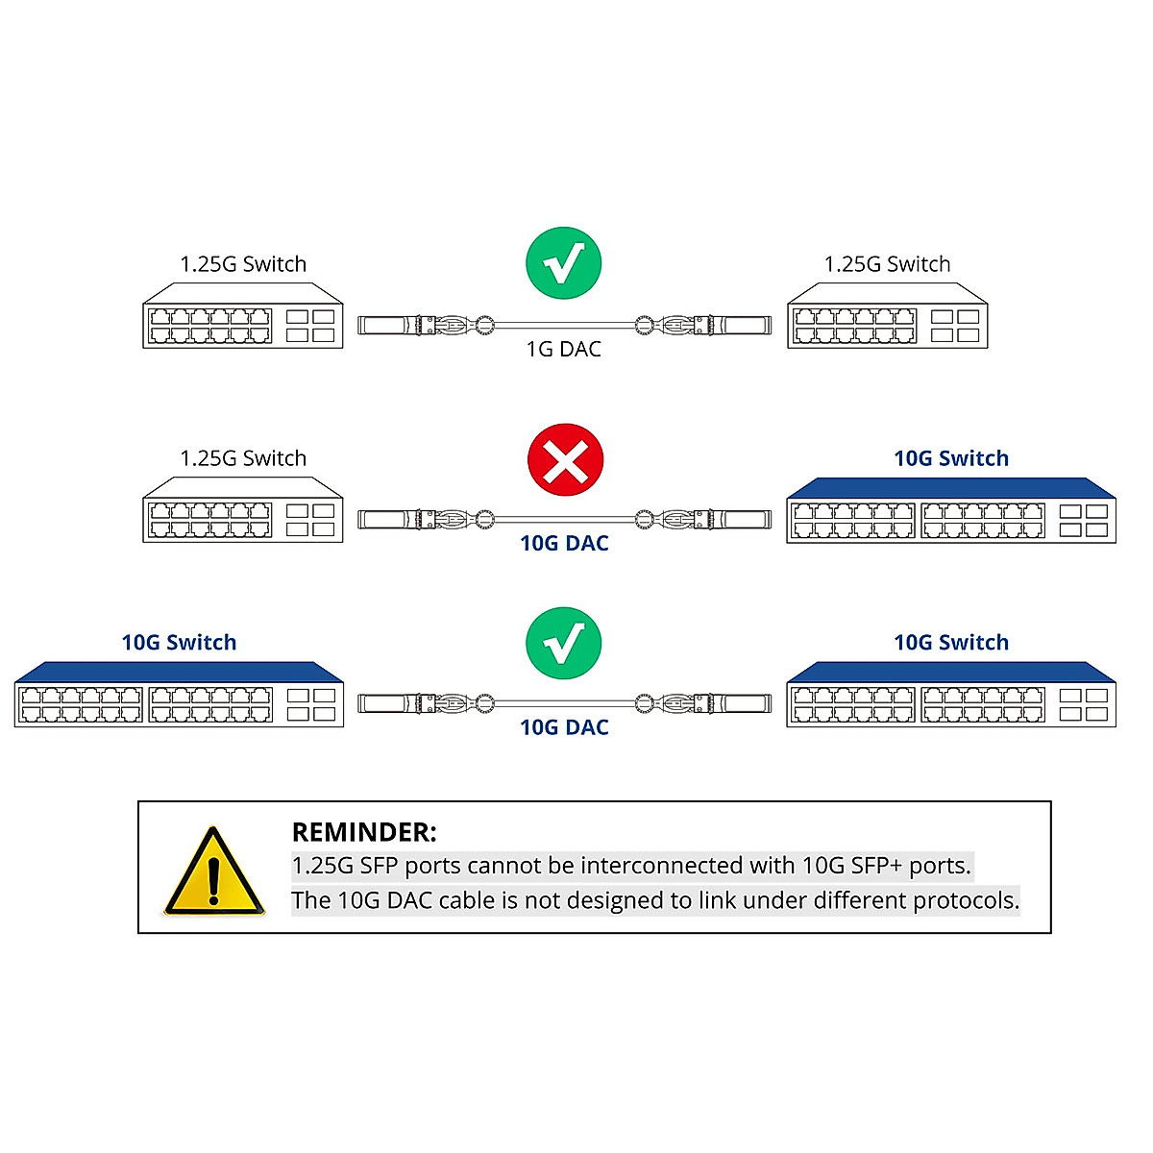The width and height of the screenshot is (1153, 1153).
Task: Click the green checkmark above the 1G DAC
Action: point(564,263)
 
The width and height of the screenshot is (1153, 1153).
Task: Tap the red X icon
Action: point(566,460)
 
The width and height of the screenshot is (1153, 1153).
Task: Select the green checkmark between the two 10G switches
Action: point(564,643)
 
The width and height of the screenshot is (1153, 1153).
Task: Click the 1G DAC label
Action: point(564,349)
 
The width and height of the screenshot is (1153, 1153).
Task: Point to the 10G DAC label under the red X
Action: point(564,543)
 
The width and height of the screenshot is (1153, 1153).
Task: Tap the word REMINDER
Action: point(363,832)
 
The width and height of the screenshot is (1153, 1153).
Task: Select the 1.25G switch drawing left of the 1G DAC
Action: point(243,317)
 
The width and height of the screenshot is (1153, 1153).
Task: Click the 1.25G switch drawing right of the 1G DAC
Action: point(888,317)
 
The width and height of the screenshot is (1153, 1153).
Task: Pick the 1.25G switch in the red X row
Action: point(243,511)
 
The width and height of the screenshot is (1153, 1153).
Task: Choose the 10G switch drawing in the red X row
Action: point(951,511)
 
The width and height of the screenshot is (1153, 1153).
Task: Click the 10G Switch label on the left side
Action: point(179,643)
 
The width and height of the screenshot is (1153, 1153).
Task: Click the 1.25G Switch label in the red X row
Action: point(243,458)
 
